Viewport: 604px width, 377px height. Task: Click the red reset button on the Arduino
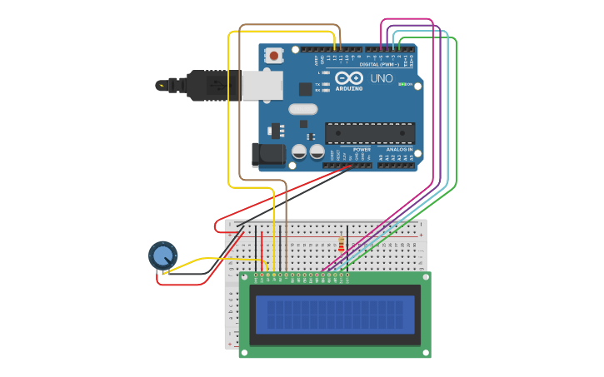point(273,56)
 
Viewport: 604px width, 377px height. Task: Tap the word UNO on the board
point(382,78)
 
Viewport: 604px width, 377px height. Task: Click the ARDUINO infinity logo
point(349,78)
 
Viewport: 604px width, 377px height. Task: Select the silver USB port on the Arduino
point(262,85)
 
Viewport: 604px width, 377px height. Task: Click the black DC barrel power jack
point(267,154)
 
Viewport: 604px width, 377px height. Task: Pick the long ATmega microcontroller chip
point(369,132)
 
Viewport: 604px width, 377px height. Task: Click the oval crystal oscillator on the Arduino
point(303,109)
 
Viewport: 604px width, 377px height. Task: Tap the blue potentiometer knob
point(162,255)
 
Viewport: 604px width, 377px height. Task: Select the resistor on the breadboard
point(341,245)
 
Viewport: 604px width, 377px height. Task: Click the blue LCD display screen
point(335,315)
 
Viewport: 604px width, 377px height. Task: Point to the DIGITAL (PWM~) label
point(379,64)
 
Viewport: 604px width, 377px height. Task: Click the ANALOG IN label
point(399,150)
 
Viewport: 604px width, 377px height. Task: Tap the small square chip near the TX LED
point(306,89)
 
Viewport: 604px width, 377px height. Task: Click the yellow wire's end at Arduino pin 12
point(335,49)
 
